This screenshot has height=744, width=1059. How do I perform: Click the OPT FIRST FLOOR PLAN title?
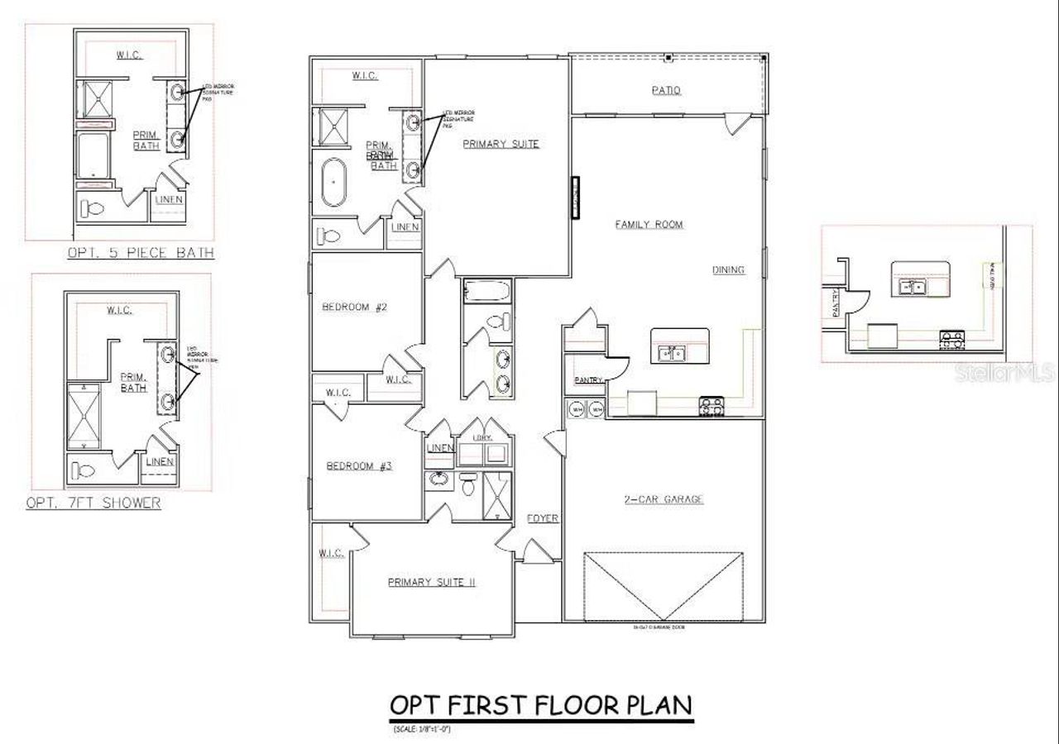tap(540, 706)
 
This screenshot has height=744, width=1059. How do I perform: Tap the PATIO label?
tap(666, 90)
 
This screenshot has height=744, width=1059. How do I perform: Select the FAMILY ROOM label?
tap(649, 224)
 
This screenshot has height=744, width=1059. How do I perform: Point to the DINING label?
tap(728, 269)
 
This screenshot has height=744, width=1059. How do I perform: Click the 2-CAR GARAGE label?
tap(664, 499)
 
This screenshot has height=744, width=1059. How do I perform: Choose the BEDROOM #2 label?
tap(355, 308)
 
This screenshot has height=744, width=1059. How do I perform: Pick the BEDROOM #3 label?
tap(359, 466)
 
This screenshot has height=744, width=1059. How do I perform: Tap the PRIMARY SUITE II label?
tap(431, 582)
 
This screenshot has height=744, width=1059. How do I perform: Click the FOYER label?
tap(543, 518)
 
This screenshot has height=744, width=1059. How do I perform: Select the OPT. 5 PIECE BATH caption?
tap(141, 253)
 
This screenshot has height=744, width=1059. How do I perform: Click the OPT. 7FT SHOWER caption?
tap(93, 503)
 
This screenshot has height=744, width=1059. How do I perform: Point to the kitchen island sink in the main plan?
tap(671, 354)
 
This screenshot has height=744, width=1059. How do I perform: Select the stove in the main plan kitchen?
tap(711, 406)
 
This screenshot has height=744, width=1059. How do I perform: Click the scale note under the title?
tap(421, 728)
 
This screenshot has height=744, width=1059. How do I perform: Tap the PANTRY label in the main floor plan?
tap(587, 379)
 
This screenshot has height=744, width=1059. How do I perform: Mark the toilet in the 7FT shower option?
tap(84, 471)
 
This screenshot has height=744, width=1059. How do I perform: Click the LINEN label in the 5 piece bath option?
tap(169, 199)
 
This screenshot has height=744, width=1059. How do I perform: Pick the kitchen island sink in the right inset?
tap(913, 287)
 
